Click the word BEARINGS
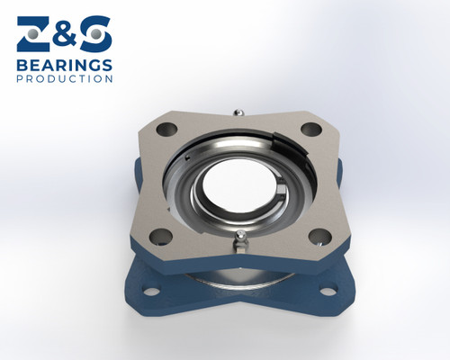[x=65, y=65]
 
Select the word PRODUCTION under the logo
[x=65, y=78]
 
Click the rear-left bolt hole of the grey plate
[x=164, y=130]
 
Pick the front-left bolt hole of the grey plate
[x=161, y=236]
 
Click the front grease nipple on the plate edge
[x=238, y=237]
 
